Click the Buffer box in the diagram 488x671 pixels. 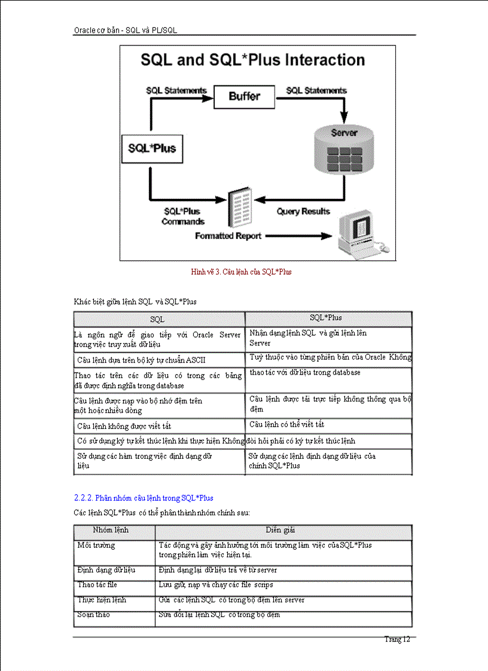point(245,96)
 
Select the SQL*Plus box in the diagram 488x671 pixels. point(152,148)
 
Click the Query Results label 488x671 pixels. point(303,212)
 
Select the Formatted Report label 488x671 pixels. point(228,236)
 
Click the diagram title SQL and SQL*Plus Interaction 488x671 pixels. point(252,60)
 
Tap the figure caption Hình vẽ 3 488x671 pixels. point(241,271)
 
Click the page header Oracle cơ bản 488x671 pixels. point(125,29)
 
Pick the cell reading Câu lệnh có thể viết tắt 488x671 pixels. point(286,424)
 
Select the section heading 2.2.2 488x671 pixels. point(144,498)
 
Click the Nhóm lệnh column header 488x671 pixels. point(111,530)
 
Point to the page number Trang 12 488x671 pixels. point(396,639)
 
